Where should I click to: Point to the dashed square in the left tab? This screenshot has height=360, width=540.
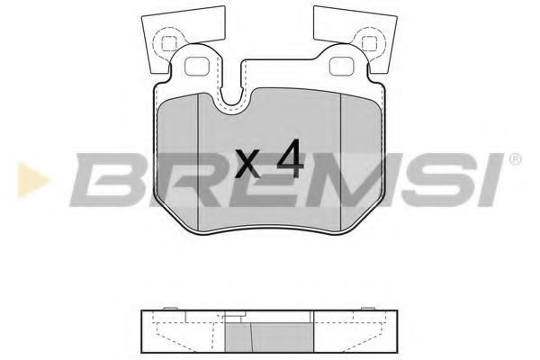pyautogui.click(x=168, y=40)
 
